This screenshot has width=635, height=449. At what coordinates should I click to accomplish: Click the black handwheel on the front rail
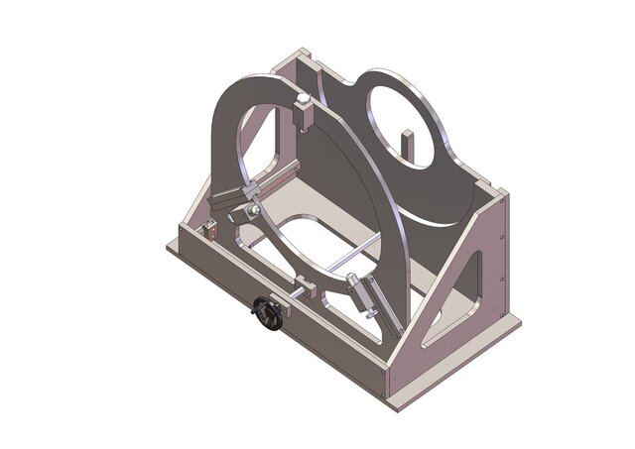coord(266,314)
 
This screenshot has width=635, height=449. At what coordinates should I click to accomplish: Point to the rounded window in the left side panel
coord(260,139)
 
